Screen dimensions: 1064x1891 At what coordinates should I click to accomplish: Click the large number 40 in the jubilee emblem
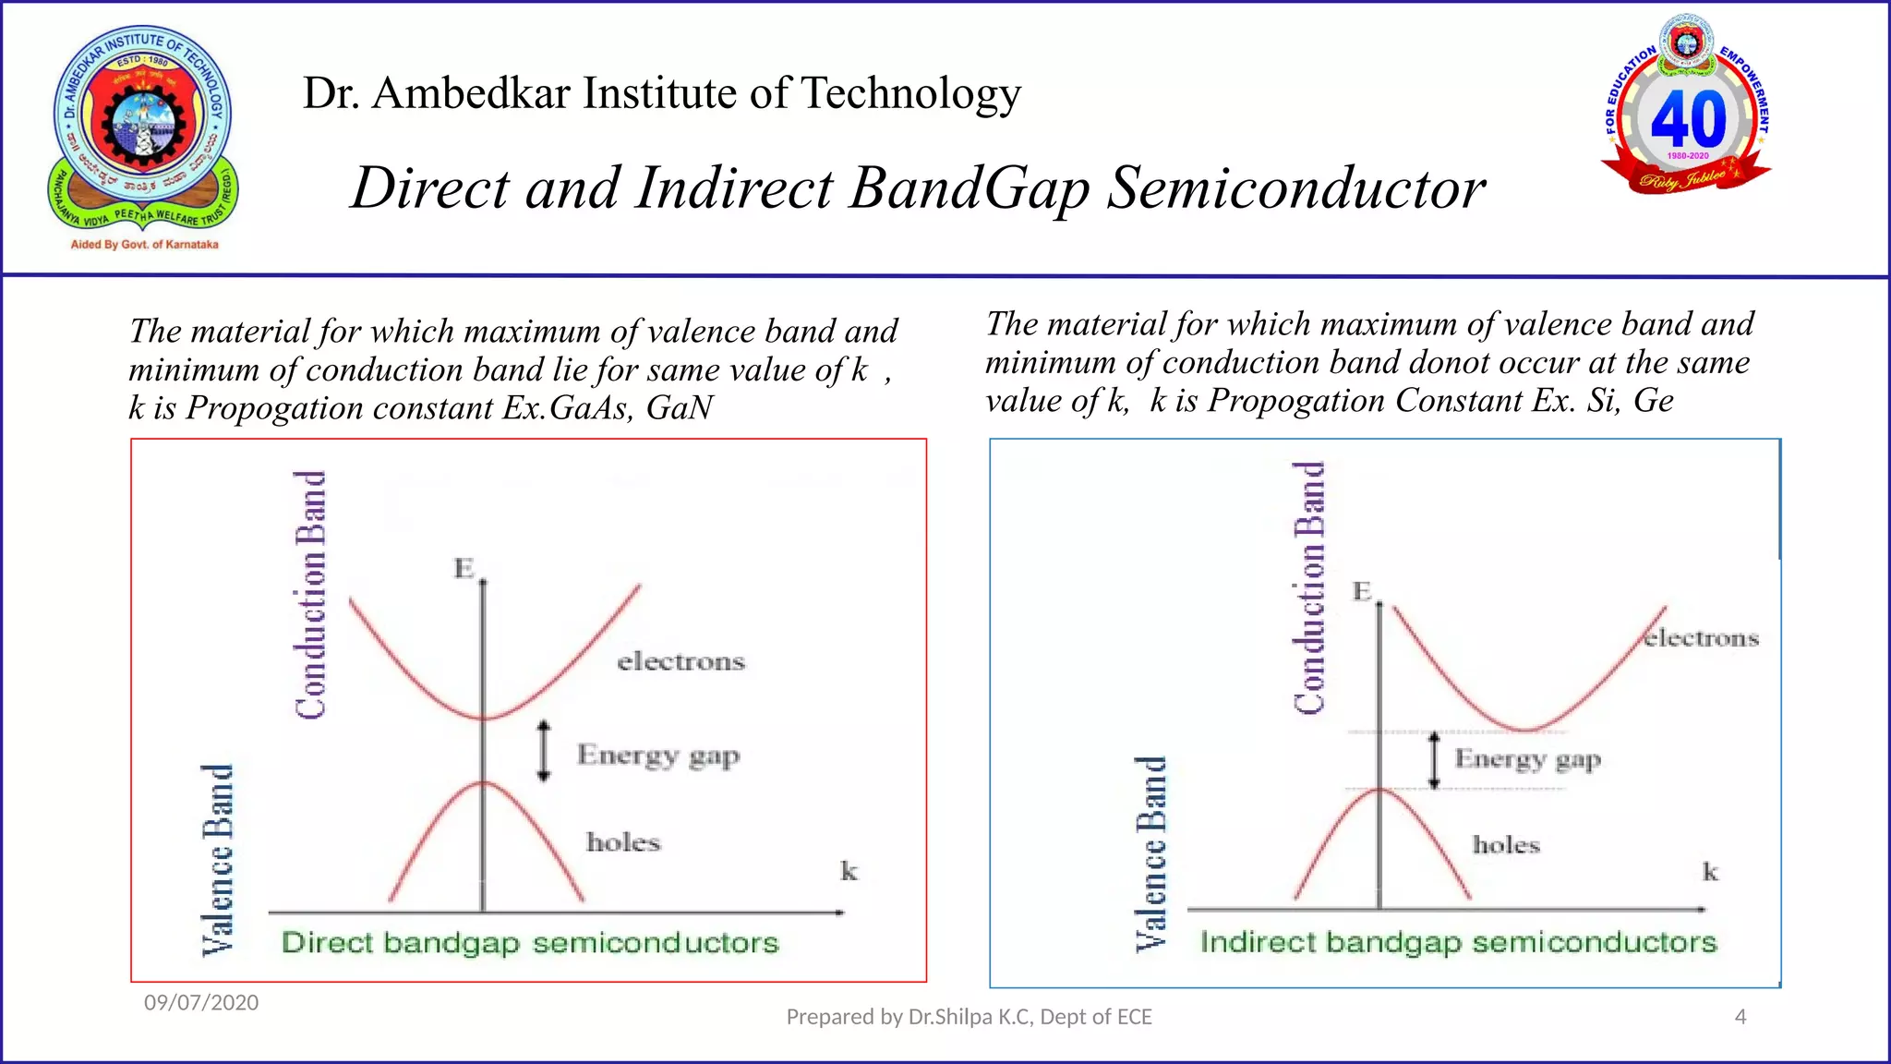pos(1688,118)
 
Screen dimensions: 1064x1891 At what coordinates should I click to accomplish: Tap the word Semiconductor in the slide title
pos(1296,188)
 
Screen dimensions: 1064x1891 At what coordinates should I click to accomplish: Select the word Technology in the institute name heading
pos(910,93)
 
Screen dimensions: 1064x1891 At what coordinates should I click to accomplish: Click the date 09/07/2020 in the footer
pos(201,1002)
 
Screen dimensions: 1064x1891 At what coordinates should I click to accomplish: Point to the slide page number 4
pos(1740,1017)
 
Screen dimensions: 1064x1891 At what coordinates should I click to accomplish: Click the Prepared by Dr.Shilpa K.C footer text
pos(969,1017)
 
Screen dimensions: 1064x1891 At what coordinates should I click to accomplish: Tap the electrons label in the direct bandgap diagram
pos(681,661)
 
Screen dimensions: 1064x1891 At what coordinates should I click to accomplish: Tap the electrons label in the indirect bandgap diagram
pos(1702,638)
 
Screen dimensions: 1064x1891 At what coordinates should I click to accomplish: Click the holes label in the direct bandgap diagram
pos(623,842)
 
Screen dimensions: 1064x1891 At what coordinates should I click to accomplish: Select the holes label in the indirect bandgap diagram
pos(1506,845)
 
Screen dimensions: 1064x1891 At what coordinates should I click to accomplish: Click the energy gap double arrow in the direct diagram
pos(544,751)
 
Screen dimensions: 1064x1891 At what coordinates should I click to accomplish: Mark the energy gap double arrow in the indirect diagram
pos(1434,760)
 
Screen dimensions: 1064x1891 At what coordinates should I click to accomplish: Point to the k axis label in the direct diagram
pos(849,871)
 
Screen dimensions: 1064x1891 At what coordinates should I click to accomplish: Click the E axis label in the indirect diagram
pos(1362,591)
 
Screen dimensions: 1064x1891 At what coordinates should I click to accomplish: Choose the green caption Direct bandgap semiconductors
pos(530,943)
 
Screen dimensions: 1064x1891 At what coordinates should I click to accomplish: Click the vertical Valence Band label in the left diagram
pos(218,859)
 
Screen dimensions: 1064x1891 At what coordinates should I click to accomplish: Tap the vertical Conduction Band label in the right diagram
pos(1309,587)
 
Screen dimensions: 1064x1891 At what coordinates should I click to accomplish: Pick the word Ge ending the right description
pos(1653,401)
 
